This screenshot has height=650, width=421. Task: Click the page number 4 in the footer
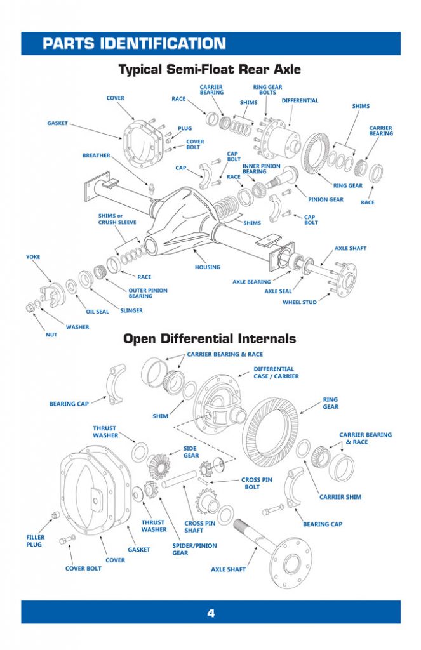[x=210, y=613]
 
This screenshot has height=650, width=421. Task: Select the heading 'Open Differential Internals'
[x=210, y=338]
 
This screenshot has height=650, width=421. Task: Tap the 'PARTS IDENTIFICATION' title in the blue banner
[x=134, y=43]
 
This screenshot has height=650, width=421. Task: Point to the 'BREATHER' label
[x=96, y=156]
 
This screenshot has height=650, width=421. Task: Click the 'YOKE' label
[x=33, y=257]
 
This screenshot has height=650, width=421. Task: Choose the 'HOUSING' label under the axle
[x=208, y=267]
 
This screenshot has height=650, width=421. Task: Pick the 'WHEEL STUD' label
[x=300, y=302]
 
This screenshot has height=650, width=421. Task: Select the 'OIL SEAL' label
[x=97, y=312]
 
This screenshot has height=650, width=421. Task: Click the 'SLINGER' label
[x=131, y=310]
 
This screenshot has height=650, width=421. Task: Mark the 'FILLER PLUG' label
[x=36, y=541]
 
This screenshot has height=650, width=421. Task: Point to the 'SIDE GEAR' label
[x=191, y=451]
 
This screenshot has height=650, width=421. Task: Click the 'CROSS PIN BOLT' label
[x=257, y=483]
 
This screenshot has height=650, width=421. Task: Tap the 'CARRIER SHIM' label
[x=340, y=497]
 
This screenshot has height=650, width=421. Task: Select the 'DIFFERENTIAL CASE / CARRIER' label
[x=276, y=373]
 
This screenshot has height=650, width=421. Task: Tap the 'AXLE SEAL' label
[x=278, y=291]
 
